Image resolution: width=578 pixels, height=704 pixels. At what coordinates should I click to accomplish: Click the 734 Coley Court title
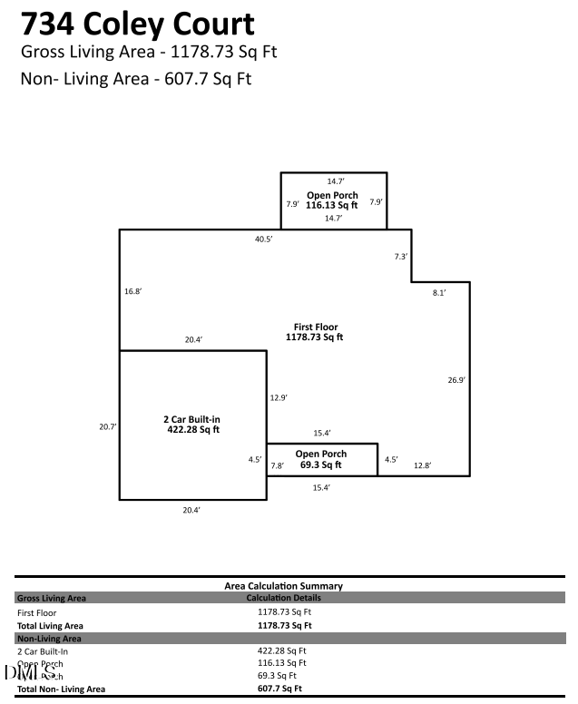pos(138,23)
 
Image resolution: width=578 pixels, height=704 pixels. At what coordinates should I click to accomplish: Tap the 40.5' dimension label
pos(264,240)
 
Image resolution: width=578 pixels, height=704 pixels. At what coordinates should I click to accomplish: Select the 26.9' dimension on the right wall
pos(456,380)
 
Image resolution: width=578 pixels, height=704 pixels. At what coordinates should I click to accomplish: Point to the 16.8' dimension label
pos(133,291)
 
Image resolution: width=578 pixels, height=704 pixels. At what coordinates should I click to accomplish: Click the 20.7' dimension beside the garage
pos(108,426)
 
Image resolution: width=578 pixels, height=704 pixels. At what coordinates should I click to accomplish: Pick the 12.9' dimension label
pos(279,397)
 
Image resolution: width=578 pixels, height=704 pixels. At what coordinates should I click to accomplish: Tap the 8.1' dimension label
pos(439,293)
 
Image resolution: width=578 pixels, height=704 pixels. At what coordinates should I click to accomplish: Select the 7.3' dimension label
pos(401,257)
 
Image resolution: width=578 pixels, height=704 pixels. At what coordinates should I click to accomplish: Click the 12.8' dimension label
pos(422,465)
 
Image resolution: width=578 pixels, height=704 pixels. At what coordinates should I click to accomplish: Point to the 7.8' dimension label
pos(278,465)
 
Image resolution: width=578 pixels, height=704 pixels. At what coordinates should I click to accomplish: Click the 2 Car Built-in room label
pos(191,419)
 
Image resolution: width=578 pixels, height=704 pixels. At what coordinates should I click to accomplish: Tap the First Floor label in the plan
pos(315,327)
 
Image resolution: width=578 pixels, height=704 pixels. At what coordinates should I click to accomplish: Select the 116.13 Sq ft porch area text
pos(332,206)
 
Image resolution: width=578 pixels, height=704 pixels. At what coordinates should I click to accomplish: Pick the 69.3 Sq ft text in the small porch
pos(321,464)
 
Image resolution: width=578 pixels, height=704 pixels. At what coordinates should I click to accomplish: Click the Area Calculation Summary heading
pos(284,586)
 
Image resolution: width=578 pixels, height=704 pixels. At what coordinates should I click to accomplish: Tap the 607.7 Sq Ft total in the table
pos(279,689)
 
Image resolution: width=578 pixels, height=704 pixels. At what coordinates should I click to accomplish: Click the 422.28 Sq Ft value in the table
pos(282,650)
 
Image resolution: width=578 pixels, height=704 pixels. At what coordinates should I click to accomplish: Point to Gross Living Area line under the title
pos(149,51)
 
